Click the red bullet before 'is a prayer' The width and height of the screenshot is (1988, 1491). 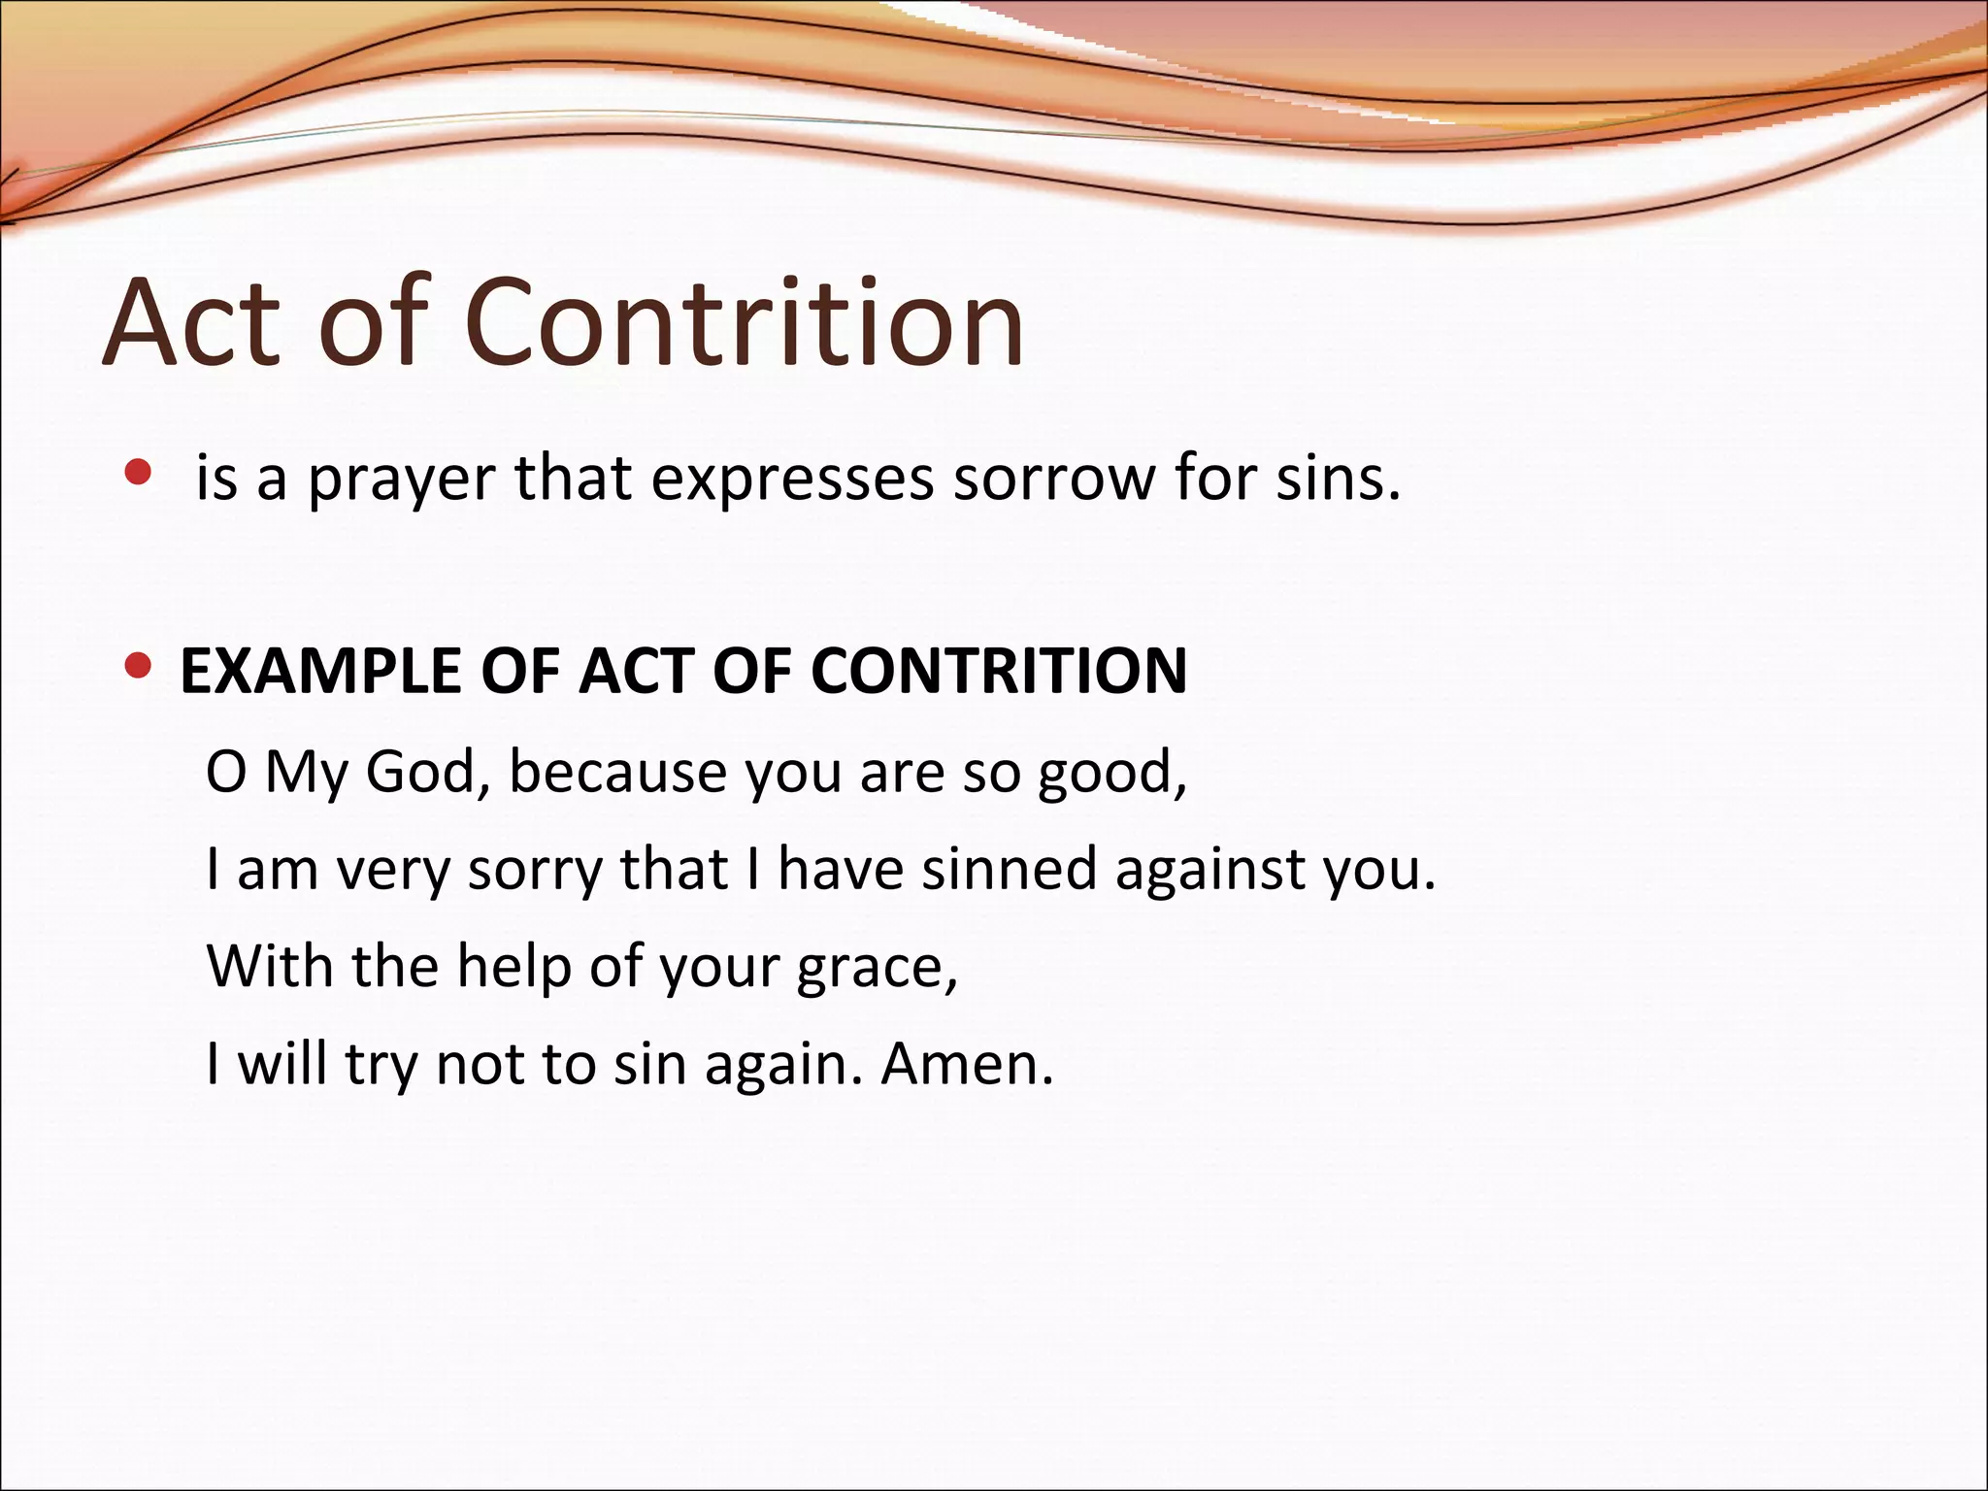pos(139,473)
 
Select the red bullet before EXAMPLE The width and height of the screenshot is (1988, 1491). pos(139,667)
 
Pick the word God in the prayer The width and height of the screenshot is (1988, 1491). pos(421,773)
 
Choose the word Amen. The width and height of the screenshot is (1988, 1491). pos(967,1064)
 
